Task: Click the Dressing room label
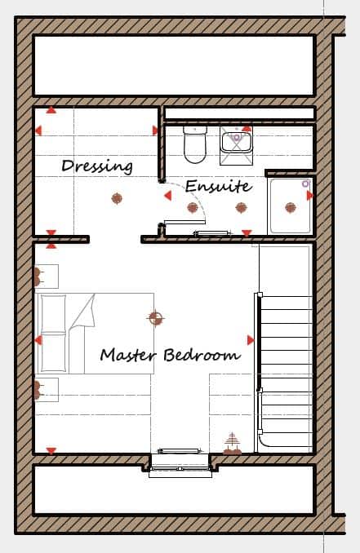pyautogui.click(x=97, y=166)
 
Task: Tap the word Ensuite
pyautogui.click(x=219, y=186)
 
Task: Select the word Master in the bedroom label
pyautogui.click(x=127, y=354)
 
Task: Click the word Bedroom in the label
pyautogui.click(x=202, y=354)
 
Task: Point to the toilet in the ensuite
pyautogui.click(x=194, y=144)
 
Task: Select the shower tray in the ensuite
pyautogui.click(x=290, y=206)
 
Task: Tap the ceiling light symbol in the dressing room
pyautogui.click(x=117, y=198)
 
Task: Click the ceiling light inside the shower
pyautogui.click(x=290, y=208)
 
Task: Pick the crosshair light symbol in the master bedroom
pyautogui.click(x=156, y=318)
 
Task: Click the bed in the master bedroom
pyautogui.click(x=96, y=334)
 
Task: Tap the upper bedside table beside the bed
pyautogui.click(x=47, y=276)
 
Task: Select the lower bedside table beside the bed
pyautogui.click(x=47, y=390)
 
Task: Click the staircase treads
pyautogui.click(x=286, y=367)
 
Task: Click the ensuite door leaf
pyautogui.click(x=184, y=222)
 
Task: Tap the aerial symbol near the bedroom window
pyautogui.click(x=232, y=443)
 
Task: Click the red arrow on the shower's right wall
pyautogui.click(x=310, y=195)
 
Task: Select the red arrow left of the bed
pyautogui.click(x=38, y=340)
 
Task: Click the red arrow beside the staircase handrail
pyautogui.click(x=251, y=340)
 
